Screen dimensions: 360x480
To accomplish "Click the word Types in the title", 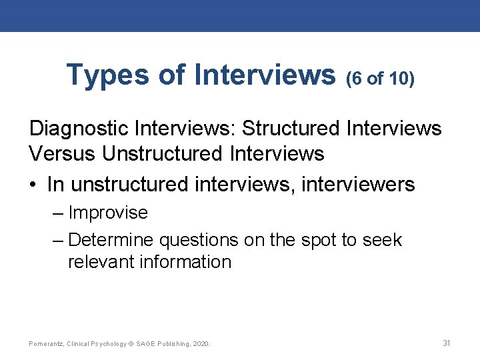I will point(107,75).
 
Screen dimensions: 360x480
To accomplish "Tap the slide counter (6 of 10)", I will point(381,79).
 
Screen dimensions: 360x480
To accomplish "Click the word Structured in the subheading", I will point(293,127).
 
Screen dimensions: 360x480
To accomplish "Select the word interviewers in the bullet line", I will point(358,183).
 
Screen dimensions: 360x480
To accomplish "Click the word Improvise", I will point(108,213).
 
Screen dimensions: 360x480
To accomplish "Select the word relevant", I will point(101,261).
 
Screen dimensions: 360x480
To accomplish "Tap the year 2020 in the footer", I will point(200,344).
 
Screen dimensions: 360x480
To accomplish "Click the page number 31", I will point(447,343).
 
